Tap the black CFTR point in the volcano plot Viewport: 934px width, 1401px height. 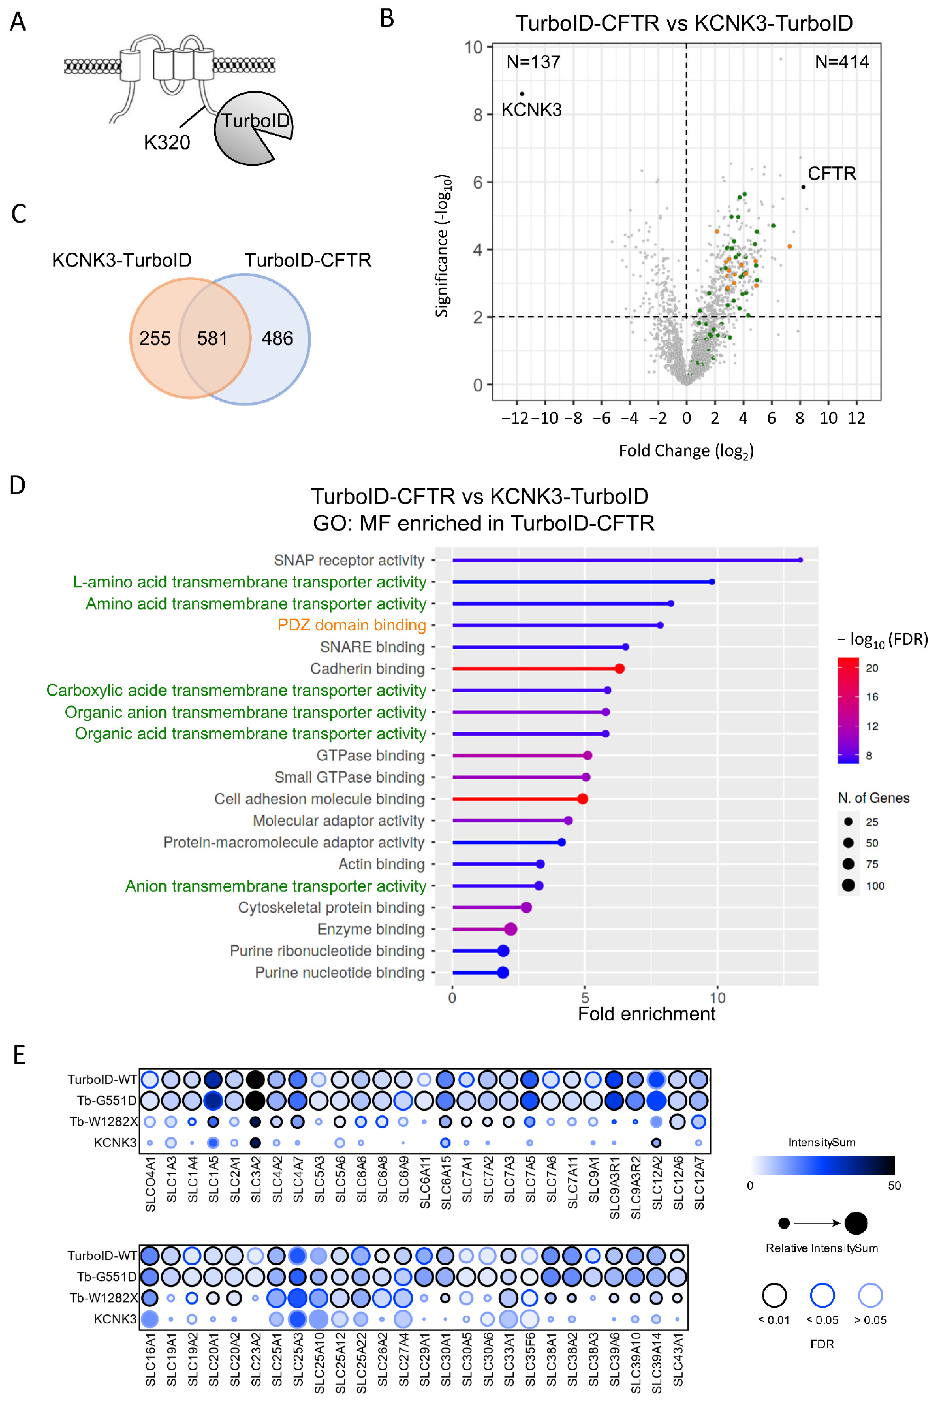(x=803, y=187)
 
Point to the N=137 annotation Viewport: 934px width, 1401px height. (x=533, y=62)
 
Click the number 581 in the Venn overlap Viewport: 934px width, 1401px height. (x=212, y=338)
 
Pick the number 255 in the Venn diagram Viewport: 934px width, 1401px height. (x=155, y=338)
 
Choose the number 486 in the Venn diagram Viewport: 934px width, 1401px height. (x=277, y=338)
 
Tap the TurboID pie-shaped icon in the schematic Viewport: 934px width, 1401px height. (x=253, y=128)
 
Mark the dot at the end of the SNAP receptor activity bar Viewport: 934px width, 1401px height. (x=800, y=560)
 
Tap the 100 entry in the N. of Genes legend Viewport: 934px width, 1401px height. (x=875, y=886)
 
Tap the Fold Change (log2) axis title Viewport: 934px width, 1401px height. (x=686, y=451)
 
